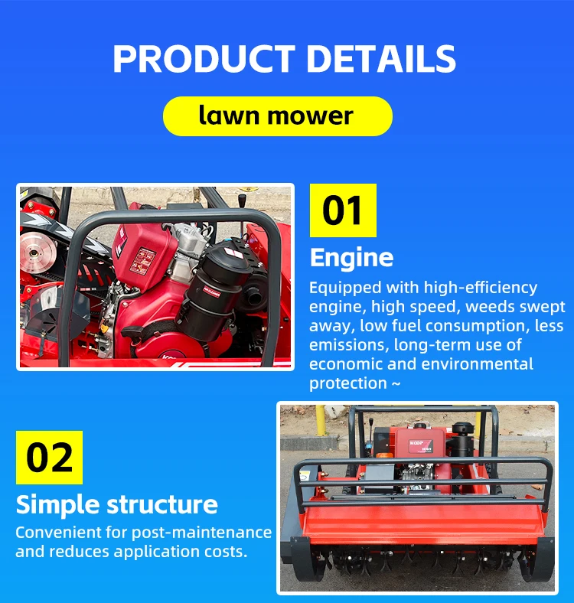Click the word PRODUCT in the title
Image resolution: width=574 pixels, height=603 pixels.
(x=204, y=58)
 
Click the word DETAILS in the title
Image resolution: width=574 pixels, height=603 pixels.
(x=381, y=58)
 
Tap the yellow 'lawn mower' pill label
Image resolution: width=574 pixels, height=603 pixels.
(x=277, y=116)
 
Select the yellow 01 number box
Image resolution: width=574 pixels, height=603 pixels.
(x=343, y=210)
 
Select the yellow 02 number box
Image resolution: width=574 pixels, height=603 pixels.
(x=49, y=458)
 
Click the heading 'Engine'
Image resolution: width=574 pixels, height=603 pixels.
(x=351, y=257)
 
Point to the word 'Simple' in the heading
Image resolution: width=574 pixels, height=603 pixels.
(x=57, y=504)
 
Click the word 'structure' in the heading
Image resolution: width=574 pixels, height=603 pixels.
(x=162, y=504)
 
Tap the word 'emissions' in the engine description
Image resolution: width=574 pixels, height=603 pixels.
(x=349, y=345)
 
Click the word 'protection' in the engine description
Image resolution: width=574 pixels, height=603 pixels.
(x=348, y=383)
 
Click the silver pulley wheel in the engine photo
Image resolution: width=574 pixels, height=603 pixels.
(x=34, y=253)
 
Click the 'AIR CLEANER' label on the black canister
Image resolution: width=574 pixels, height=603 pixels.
(x=211, y=292)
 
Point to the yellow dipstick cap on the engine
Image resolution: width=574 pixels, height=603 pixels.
(x=104, y=328)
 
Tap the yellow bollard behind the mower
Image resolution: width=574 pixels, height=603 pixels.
(x=321, y=420)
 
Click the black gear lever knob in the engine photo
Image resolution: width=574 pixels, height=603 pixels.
(x=242, y=200)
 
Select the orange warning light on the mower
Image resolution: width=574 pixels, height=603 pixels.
(x=384, y=456)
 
